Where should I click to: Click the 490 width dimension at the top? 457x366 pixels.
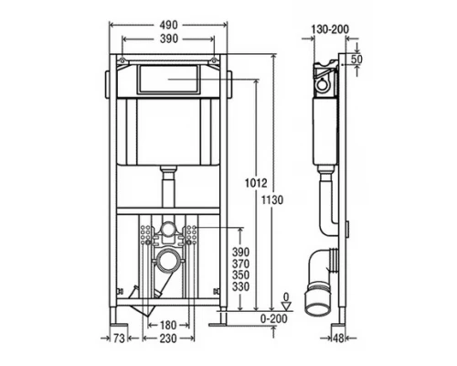[x=168, y=25]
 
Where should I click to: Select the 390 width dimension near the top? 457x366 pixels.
[x=168, y=38]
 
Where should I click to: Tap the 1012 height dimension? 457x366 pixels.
[x=256, y=183]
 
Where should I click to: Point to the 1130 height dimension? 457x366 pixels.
[x=272, y=200]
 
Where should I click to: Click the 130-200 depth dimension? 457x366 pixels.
[x=330, y=29]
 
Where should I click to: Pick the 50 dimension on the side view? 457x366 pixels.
[x=356, y=59]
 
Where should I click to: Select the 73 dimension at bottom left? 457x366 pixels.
[x=119, y=338]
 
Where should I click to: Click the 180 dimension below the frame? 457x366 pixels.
[x=168, y=326]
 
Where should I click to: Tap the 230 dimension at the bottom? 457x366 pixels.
[x=168, y=338]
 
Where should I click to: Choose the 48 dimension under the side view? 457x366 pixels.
[x=338, y=338]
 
